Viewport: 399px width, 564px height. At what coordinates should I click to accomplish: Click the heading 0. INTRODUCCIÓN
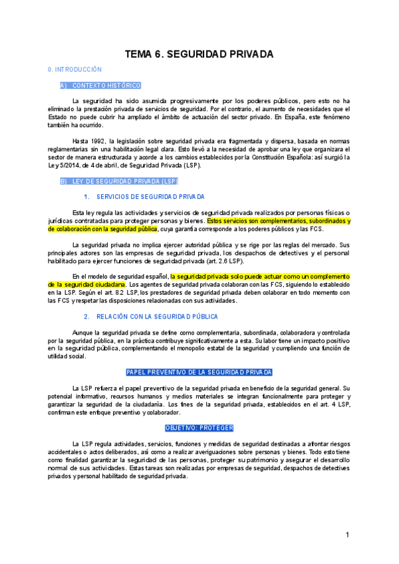74,69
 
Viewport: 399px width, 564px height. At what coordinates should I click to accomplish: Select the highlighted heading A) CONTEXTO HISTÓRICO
100,85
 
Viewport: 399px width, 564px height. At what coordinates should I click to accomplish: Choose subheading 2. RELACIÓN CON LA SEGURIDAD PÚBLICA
157,317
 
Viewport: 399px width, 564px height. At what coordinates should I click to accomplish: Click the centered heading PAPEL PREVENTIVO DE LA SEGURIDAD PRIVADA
199,372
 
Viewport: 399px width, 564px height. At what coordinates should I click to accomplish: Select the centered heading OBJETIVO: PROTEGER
199,428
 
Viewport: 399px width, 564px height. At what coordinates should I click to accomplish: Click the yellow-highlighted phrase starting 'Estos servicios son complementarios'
279,221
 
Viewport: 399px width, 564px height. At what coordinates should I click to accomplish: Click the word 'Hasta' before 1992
80,141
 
